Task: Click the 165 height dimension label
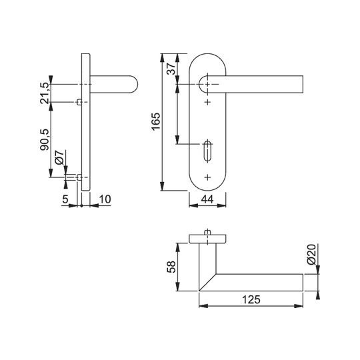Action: click(155, 122)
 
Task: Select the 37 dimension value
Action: click(171, 69)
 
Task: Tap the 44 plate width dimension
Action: click(207, 199)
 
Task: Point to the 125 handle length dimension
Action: click(251, 299)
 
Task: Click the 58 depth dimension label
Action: click(171, 267)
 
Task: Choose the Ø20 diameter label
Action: click(312, 255)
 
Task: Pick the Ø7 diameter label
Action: click(59, 157)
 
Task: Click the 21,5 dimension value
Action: click(44, 93)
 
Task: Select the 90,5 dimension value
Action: click(44, 139)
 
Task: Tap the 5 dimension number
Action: click(65, 199)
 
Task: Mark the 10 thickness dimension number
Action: click(105, 199)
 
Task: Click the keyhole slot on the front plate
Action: click(207, 151)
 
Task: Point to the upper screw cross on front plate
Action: click(207, 102)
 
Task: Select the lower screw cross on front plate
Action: click(207, 177)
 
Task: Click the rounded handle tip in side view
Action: click(135, 84)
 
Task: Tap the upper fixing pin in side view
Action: click(79, 102)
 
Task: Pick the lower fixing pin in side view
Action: click(79, 177)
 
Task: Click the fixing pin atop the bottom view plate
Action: click(207, 233)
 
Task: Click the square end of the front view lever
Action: click(303, 84)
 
